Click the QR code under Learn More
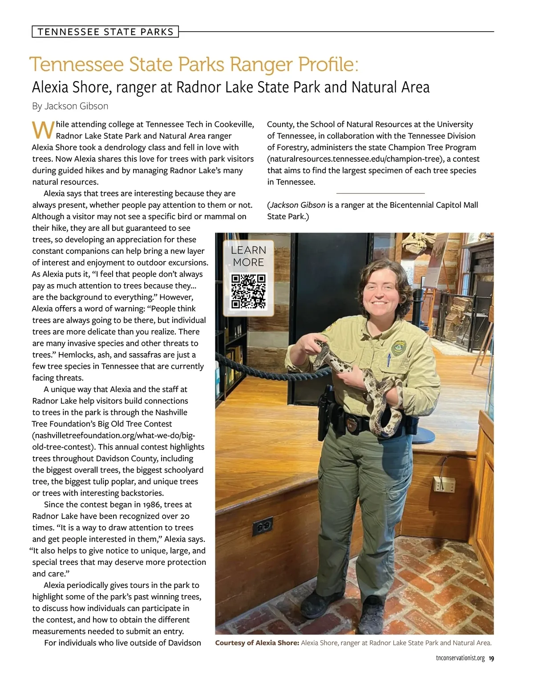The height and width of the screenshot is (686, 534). [248, 291]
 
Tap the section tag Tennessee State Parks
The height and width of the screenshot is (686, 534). [105, 32]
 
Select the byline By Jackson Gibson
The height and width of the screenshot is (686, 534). [70, 106]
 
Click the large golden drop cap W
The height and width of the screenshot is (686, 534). [43, 130]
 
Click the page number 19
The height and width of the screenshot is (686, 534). [491, 658]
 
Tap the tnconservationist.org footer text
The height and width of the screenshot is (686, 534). [460, 658]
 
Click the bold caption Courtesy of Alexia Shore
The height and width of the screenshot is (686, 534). [257, 643]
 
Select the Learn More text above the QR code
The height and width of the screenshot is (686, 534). [248, 256]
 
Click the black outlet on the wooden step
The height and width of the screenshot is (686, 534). [263, 527]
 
